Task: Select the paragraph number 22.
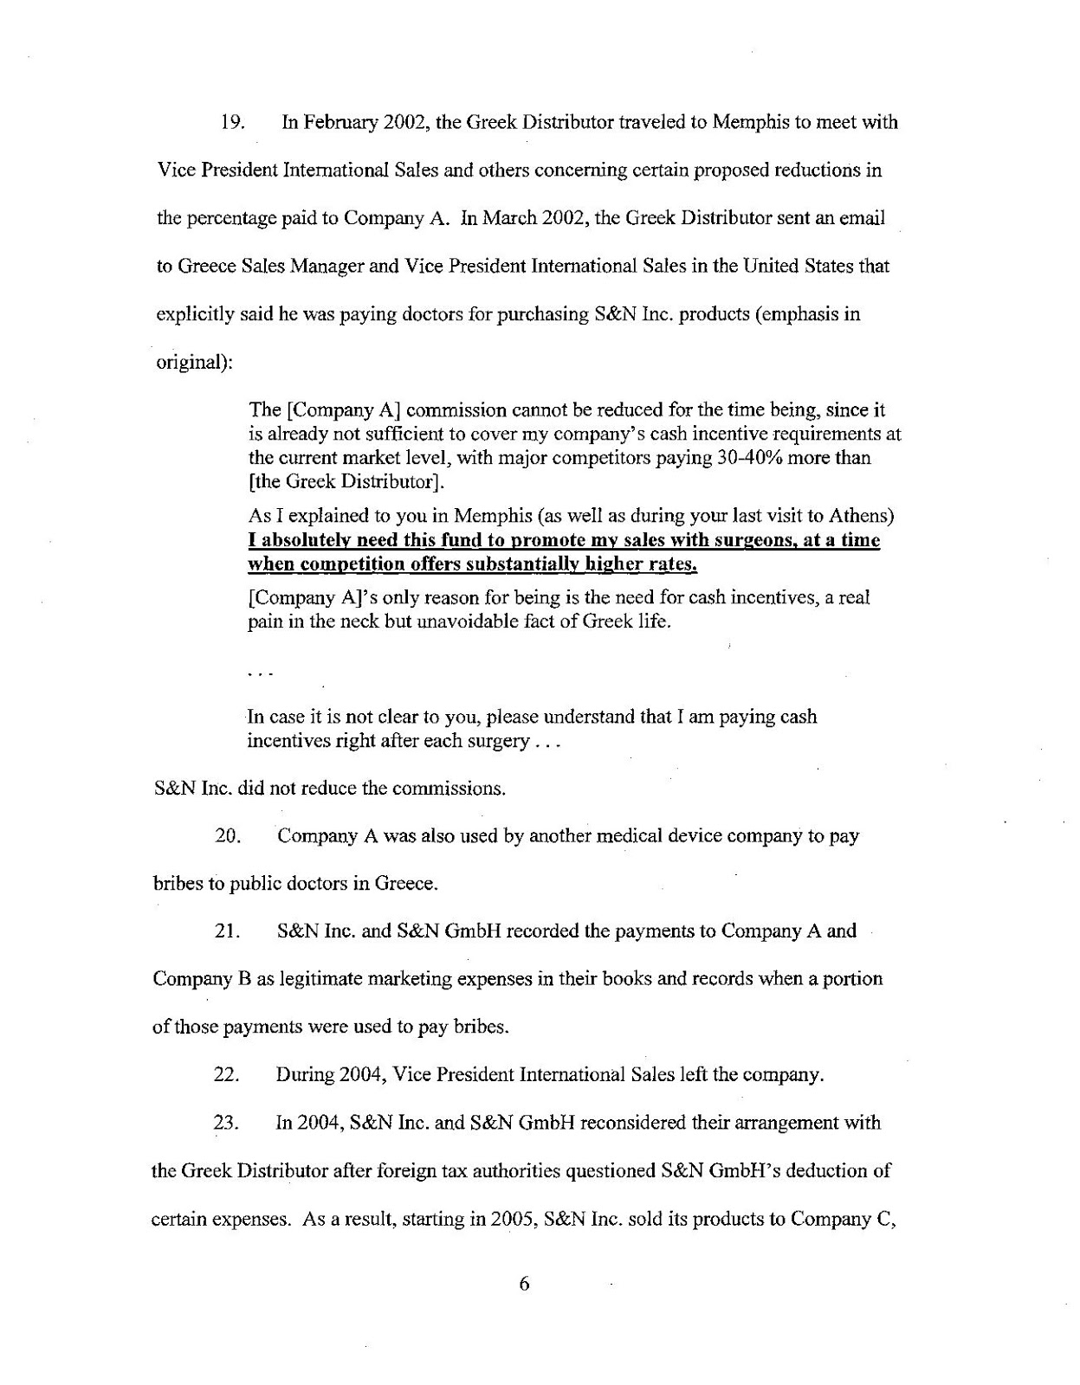pos(226,1075)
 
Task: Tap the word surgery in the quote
pos(491,742)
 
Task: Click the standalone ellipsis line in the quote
pos(259,670)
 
